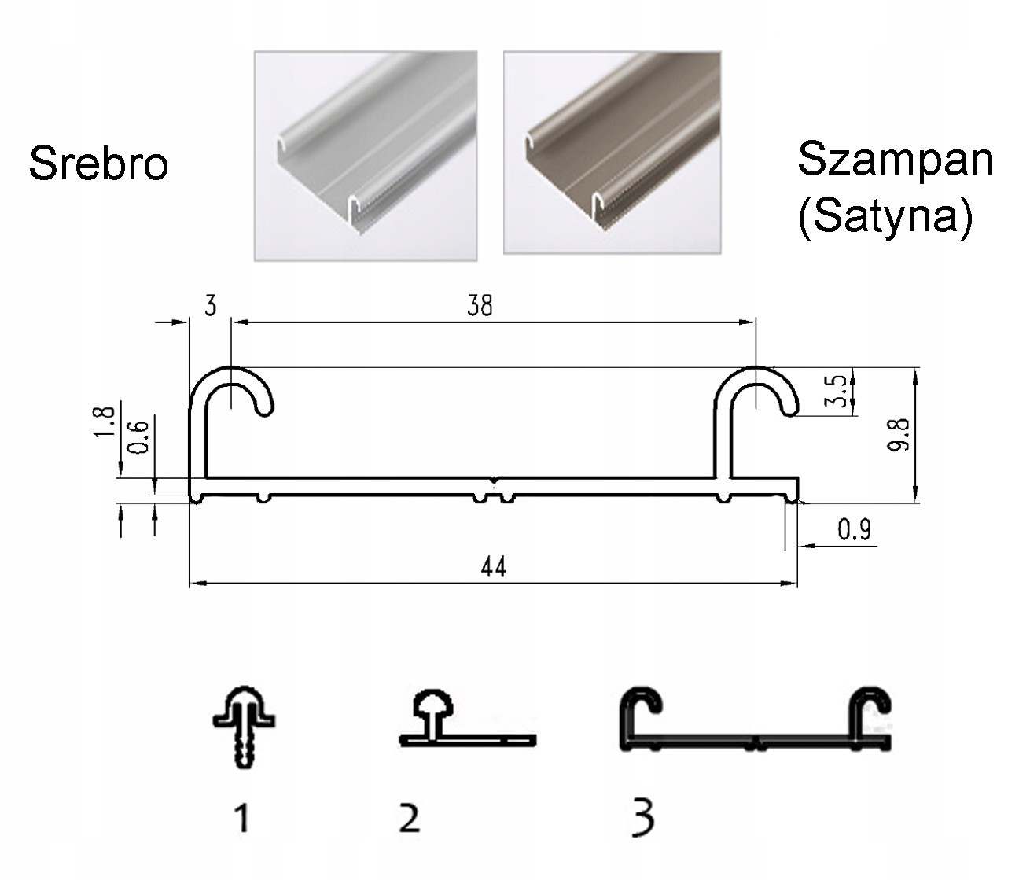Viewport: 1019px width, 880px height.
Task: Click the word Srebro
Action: click(98, 164)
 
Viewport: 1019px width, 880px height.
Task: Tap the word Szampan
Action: click(895, 159)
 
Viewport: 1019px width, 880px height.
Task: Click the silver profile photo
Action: click(366, 156)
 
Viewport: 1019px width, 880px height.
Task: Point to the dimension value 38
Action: click(480, 305)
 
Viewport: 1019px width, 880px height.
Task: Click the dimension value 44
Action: click(493, 566)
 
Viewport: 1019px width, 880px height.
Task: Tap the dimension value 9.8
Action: click(901, 434)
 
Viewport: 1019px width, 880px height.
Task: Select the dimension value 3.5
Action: click(839, 391)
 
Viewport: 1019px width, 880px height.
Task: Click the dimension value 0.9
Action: click(854, 530)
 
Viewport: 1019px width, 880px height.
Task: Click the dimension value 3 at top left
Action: click(210, 305)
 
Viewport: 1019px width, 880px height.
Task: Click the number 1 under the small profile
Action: click(243, 818)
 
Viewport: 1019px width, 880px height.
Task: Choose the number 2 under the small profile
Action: click(410, 818)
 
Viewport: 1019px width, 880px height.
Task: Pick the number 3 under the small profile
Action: click(643, 818)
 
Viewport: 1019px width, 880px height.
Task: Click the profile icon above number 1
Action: click(244, 724)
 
